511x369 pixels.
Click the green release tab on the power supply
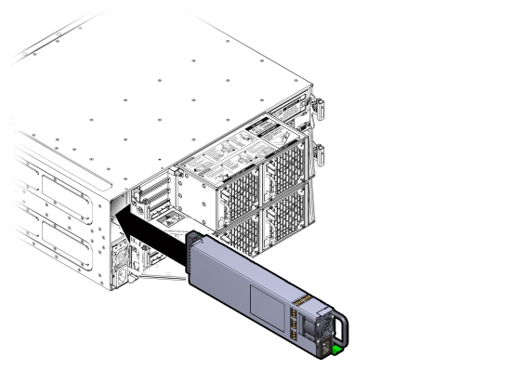[336, 350]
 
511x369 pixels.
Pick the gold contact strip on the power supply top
[304, 302]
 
